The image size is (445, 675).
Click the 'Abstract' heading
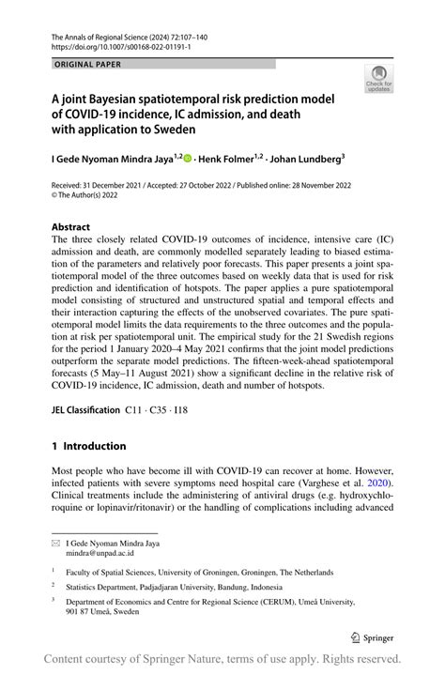point(70,226)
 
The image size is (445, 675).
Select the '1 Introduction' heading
point(88,446)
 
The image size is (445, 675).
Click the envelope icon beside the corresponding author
point(55,544)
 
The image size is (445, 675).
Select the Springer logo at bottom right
point(374,636)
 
